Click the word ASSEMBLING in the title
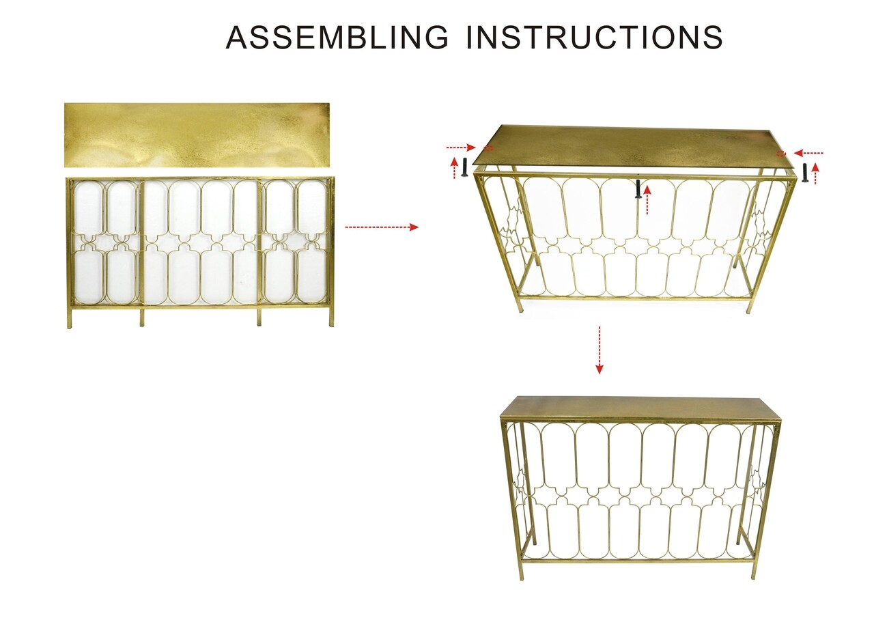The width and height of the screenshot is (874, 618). pyautogui.click(x=337, y=37)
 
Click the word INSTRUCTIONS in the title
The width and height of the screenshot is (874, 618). pyautogui.click(x=594, y=37)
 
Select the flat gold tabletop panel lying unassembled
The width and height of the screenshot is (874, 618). pyautogui.click(x=197, y=135)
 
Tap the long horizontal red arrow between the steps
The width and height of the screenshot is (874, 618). pyautogui.click(x=382, y=227)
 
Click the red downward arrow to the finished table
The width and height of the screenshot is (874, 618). pyautogui.click(x=600, y=350)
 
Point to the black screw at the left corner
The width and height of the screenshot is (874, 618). pyautogui.click(x=464, y=167)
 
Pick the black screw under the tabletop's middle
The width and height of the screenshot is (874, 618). pyautogui.click(x=638, y=189)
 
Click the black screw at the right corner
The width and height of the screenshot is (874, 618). pyautogui.click(x=804, y=173)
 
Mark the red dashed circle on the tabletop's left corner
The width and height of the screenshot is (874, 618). pyautogui.click(x=488, y=148)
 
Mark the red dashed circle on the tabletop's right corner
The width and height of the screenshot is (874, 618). pyautogui.click(x=780, y=154)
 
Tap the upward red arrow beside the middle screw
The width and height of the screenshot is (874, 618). pyautogui.click(x=647, y=200)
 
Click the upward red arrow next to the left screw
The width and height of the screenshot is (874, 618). pyautogui.click(x=454, y=168)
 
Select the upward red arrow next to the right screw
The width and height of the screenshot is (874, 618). pyautogui.click(x=815, y=174)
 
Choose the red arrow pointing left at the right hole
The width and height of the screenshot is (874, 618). pyautogui.click(x=808, y=153)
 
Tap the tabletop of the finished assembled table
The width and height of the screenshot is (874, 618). pyautogui.click(x=640, y=408)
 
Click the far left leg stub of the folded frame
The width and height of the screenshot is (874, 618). pyautogui.click(x=70, y=319)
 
